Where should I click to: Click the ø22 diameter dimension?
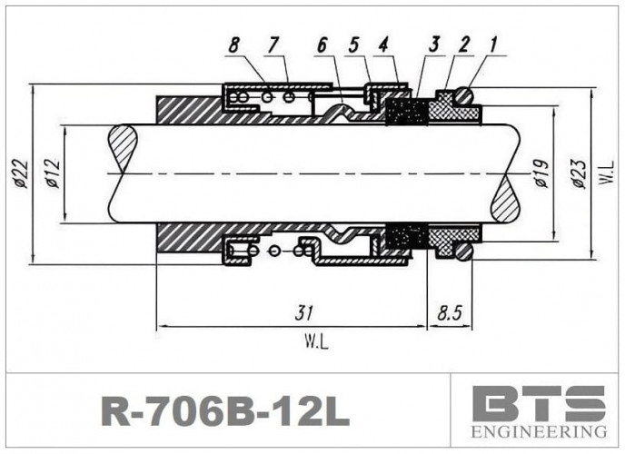coord(21,173)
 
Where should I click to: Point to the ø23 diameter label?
coord(578,173)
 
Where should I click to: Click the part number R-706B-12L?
coord(223,411)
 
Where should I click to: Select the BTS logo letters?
coord(539,402)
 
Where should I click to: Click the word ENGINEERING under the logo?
coord(539,429)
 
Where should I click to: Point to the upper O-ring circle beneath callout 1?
coord(463,94)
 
